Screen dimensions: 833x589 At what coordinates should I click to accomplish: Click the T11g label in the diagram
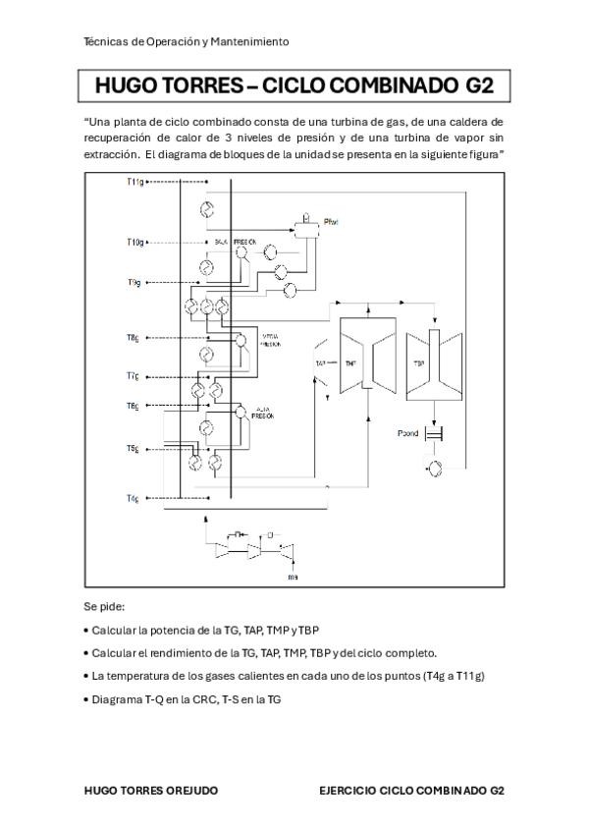point(135,182)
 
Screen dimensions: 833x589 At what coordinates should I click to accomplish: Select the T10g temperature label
point(135,241)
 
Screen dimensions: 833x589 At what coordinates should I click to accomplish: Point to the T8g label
point(133,337)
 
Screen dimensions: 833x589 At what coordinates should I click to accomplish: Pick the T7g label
point(133,375)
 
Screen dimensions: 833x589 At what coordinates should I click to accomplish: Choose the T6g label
point(133,405)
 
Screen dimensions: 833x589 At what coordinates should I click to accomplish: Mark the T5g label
point(133,448)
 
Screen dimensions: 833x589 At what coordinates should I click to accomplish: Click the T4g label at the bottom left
point(133,499)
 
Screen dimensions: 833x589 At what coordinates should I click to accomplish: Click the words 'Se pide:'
point(105,606)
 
